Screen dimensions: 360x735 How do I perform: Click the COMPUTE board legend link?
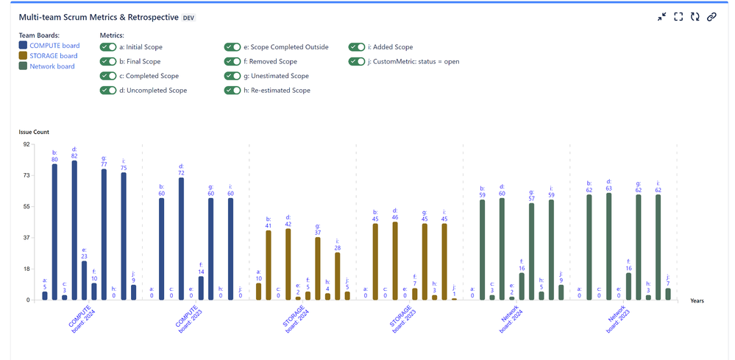(55, 46)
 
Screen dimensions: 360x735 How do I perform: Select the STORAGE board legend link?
(54, 56)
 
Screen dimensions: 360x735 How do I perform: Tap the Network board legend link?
(52, 66)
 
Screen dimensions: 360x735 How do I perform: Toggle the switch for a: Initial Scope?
(108, 47)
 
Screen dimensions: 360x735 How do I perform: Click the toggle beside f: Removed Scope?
(232, 62)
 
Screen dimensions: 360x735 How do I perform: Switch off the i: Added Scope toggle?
(357, 47)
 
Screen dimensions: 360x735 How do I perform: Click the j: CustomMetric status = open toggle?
(357, 62)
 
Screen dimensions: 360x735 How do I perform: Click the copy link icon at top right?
(711, 16)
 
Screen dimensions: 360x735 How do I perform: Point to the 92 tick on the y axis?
(26, 144)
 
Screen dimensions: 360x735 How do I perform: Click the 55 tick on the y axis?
(26, 207)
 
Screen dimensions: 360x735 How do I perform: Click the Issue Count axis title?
(34, 132)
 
